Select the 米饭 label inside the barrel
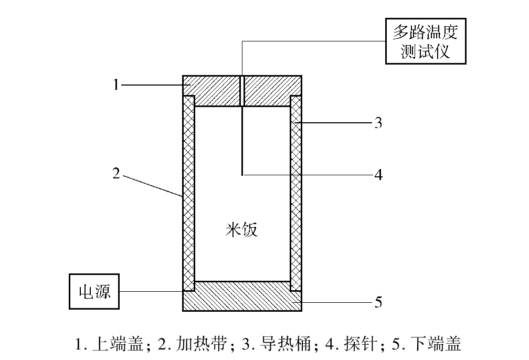pos(241,230)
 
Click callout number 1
pos(116,84)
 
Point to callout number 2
pos(116,173)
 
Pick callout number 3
pos(378,123)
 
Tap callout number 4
pos(378,175)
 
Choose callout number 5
pos(378,302)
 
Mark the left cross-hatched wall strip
pos(188,193)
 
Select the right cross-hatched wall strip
pos(296,193)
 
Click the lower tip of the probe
pos(242,175)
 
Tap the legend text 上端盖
pos(118,344)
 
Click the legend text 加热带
pos(202,344)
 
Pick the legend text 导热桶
pos(285,344)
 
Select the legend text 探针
pos(361,344)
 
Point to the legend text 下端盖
pos(436,344)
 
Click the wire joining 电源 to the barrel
pos(151,291)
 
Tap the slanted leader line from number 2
pos(153,186)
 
